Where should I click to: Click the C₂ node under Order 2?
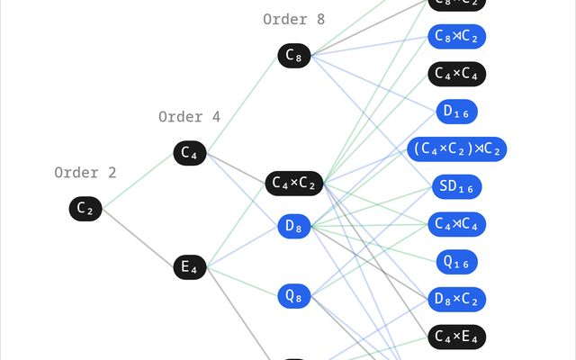coord(85,209)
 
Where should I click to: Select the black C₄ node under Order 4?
coord(189,153)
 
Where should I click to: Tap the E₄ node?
coord(189,266)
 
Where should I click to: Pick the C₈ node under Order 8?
coord(294,56)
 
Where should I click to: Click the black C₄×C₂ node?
coord(294,184)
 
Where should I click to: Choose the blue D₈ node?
coord(294,227)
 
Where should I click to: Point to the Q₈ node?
coord(294,295)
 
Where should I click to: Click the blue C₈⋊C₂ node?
coord(457,36)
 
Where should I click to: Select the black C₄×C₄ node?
coord(457,74)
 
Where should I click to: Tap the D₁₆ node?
coord(457,112)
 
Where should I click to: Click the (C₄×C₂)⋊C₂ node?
coord(457,148)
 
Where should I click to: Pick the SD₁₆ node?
coord(457,186)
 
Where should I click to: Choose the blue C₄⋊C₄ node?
coord(457,223)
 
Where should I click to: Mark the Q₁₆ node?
coord(457,261)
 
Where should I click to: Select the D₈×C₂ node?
coord(457,299)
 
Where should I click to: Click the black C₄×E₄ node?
coord(457,337)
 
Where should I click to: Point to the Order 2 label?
coord(85,173)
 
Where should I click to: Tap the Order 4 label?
coord(189,117)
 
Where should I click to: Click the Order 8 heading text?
coord(294,19)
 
